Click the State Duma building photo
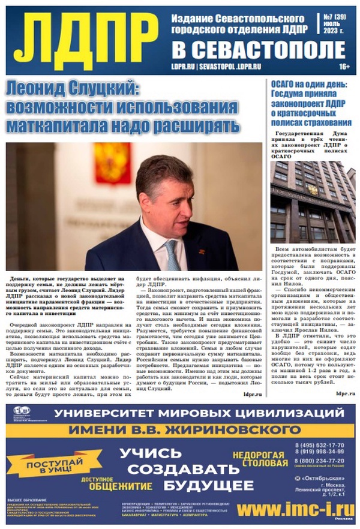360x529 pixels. coord(312,201)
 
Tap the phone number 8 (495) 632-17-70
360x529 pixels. coord(322,445)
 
